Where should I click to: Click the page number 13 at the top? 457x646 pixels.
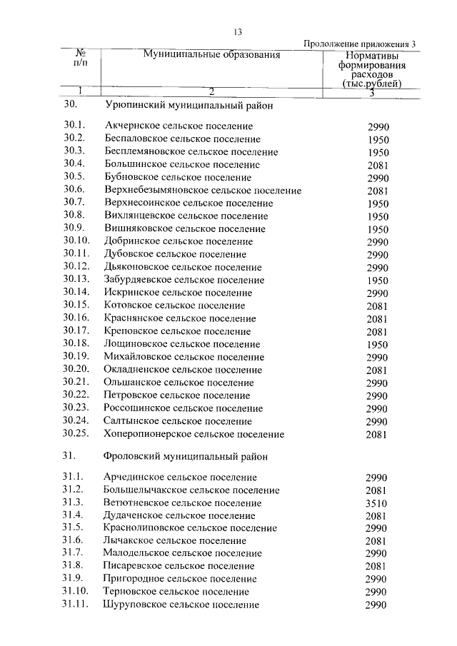(x=238, y=31)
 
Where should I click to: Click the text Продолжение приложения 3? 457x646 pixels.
(x=359, y=44)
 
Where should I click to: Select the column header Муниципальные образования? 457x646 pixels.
(x=211, y=55)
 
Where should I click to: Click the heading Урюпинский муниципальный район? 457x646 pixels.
(x=189, y=104)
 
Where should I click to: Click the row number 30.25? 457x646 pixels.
(x=75, y=434)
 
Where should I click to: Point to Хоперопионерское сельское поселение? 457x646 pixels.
(x=194, y=434)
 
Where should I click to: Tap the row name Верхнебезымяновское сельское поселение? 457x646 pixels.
(x=202, y=191)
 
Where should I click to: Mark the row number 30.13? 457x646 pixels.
(x=75, y=280)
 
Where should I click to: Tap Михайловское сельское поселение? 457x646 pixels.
(x=184, y=357)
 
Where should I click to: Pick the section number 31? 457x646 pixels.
(x=69, y=455)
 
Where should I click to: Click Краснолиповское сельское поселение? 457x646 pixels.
(x=190, y=528)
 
